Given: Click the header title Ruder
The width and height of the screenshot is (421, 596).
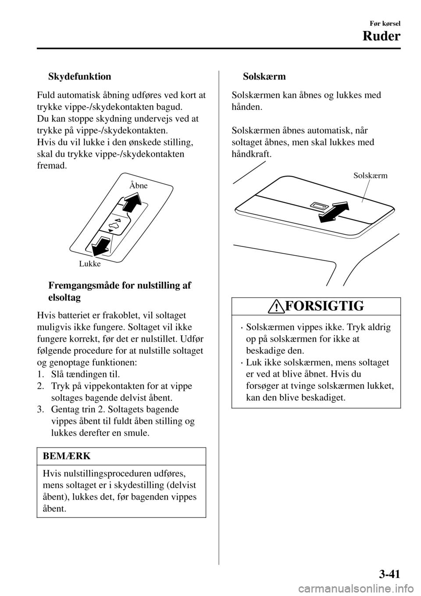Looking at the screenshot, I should (x=382, y=36).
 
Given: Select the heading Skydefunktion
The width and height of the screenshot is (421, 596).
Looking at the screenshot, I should (x=79, y=77).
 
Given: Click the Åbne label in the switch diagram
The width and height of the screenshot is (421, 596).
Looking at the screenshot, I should (x=139, y=185).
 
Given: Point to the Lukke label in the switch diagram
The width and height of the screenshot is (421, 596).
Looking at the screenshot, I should (x=90, y=264).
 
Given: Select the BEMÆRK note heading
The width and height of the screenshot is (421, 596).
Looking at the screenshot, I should (x=67, y=456).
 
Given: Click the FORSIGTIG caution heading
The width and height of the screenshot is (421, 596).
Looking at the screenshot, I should (x=324, y=306).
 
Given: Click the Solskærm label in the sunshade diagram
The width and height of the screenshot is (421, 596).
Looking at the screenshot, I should (x=370, y=176).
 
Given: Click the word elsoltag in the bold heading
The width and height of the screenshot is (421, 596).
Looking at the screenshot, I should (x=63, y=297).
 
